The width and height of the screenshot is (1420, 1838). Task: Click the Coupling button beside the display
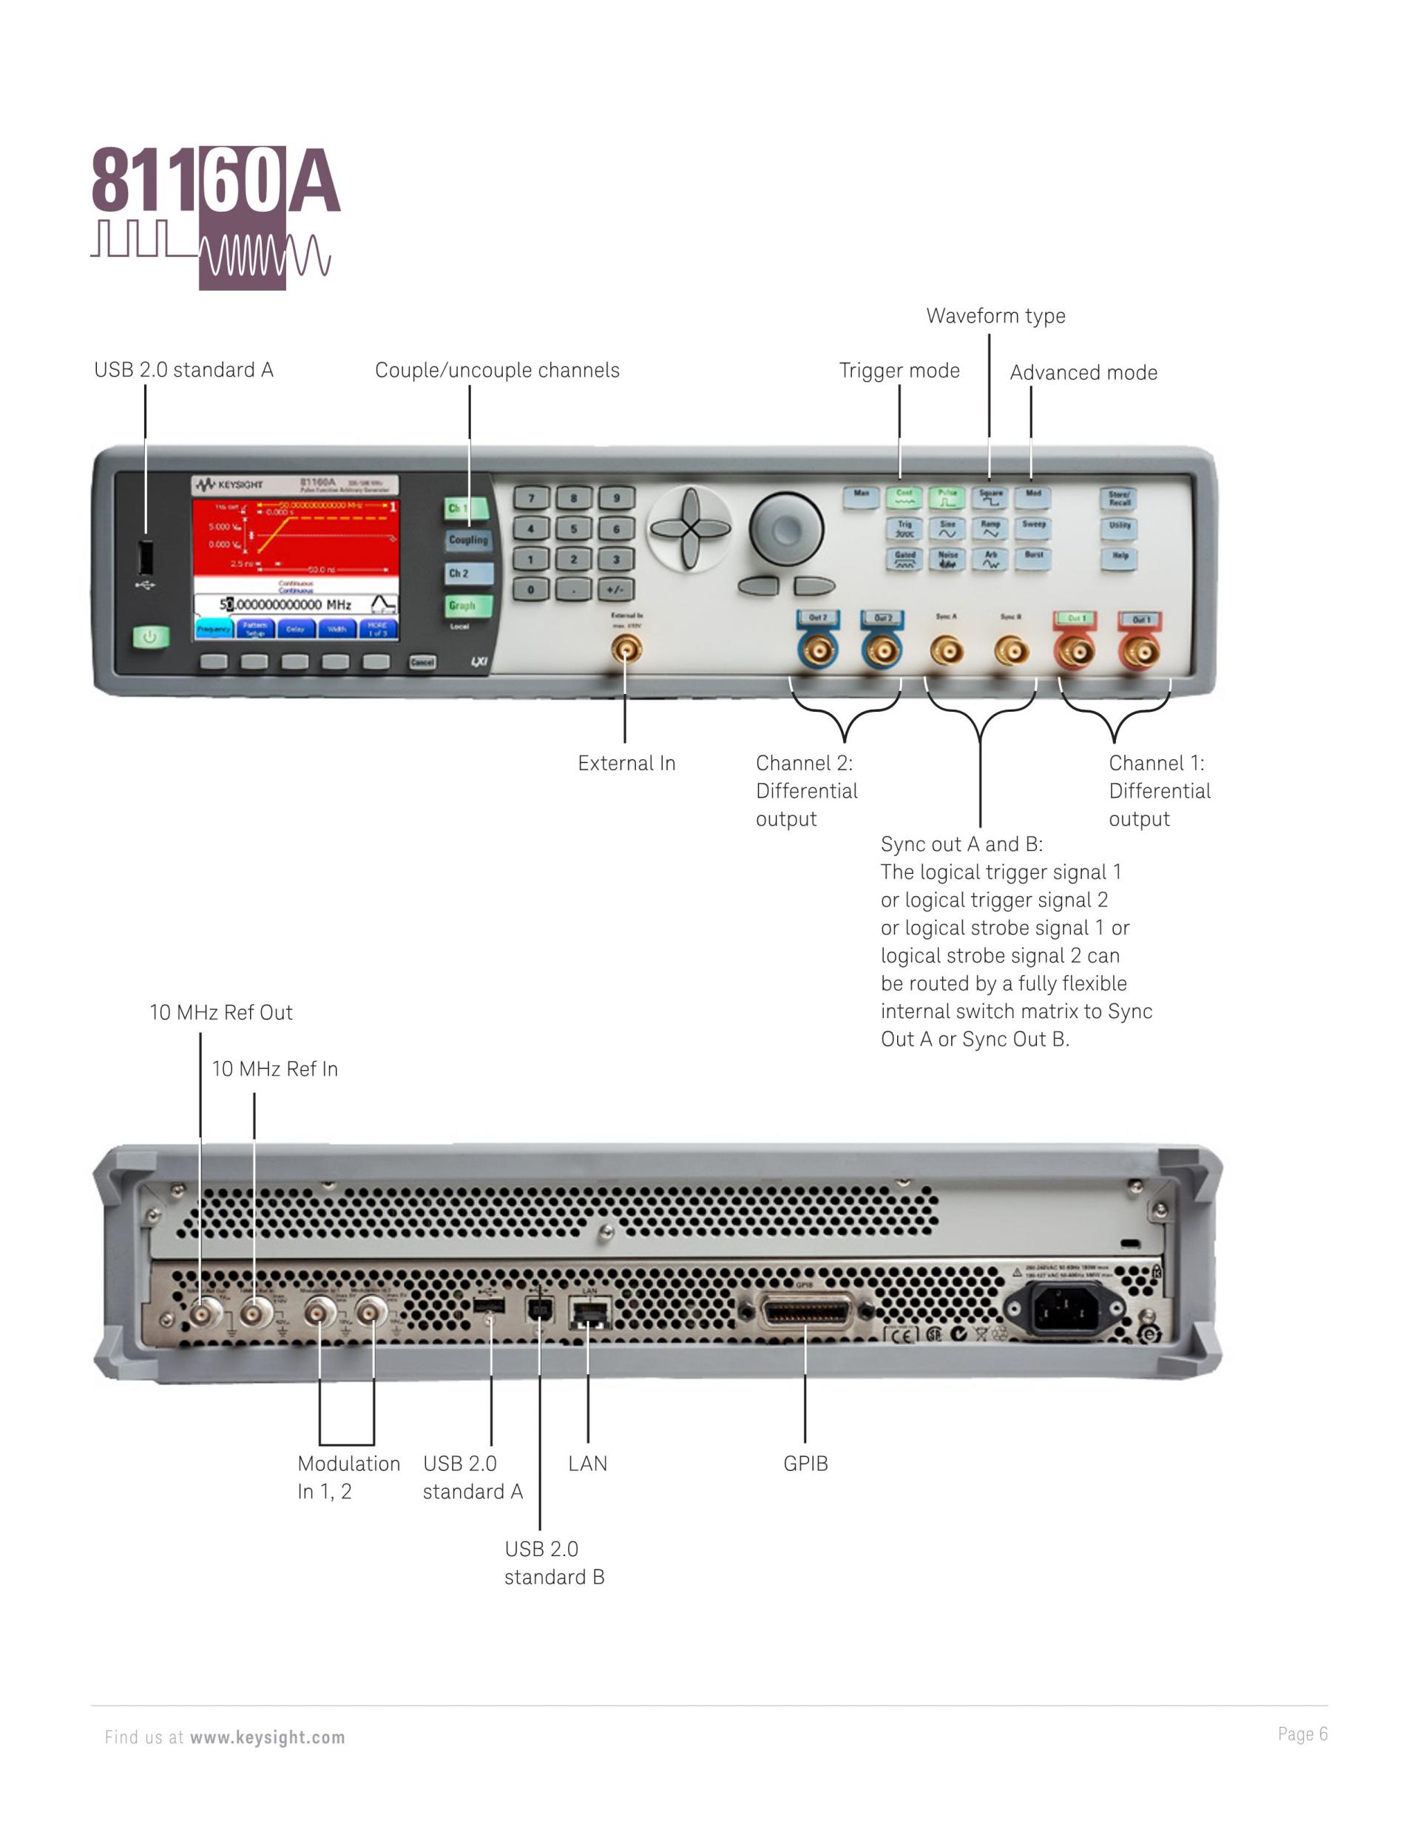pos(467,540)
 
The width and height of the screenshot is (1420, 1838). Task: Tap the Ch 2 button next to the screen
pos(467,573)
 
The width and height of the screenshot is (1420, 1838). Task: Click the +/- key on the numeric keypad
pos(616,589)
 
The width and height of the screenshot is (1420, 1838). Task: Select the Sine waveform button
pos(947,528)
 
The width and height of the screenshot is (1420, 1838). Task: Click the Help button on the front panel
pos(1119,558)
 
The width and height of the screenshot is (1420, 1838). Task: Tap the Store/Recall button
pos(1119,498)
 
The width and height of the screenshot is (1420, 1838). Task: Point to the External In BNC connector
pos(625,650)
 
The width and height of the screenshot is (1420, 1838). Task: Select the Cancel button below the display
pos(422,662)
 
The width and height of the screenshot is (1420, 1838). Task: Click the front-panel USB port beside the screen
pos(146,556)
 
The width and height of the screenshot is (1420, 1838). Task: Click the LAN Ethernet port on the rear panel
pos(589,1312)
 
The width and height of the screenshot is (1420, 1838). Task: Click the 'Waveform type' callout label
pos(995,316)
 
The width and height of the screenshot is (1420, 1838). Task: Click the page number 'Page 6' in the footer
pos(1302,1734)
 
